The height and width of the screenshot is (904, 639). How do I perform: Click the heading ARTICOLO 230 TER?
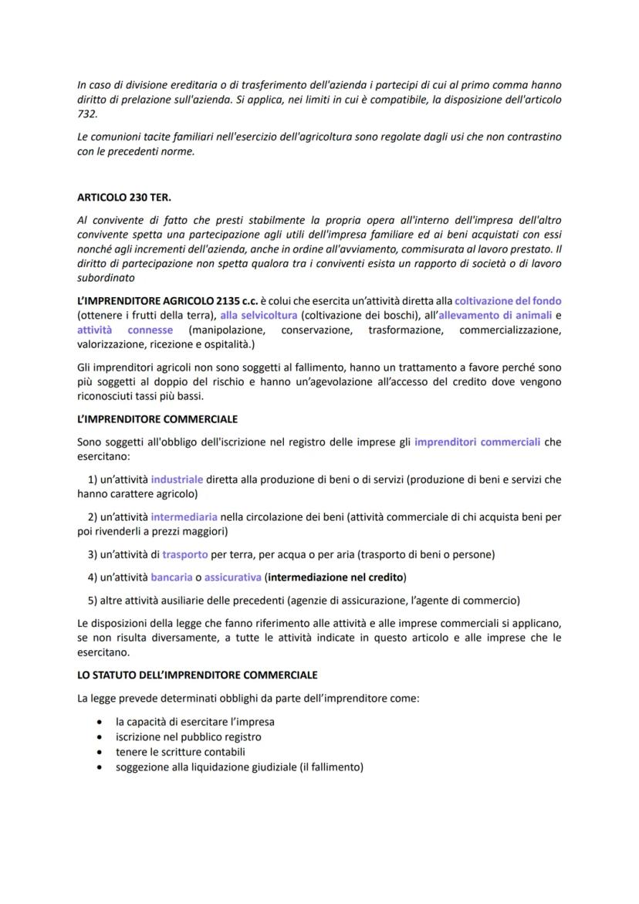tap(124, 198)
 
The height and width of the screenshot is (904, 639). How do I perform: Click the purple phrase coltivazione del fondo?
tap(508, 300)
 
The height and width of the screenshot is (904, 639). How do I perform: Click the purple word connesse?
tap(150, 330)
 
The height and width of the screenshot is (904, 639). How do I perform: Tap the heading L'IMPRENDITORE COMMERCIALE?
tap(157, 419)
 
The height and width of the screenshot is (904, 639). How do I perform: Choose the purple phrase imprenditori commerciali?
tap(477, 442)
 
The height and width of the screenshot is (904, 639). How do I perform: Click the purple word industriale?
tap(177, 479)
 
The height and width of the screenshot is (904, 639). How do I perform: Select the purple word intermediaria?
tap(184, 516)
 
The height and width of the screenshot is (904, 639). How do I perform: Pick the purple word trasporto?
tap(184, 554)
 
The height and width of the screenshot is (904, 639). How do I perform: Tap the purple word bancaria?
tap(171, 577)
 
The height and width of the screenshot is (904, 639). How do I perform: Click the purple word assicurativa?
tap(232, 577)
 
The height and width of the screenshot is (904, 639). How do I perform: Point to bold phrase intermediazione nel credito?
tap(336, 577)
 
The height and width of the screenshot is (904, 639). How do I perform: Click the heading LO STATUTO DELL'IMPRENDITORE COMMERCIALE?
tap(198, 674)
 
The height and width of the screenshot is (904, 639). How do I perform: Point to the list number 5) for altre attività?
tap(93, 600)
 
